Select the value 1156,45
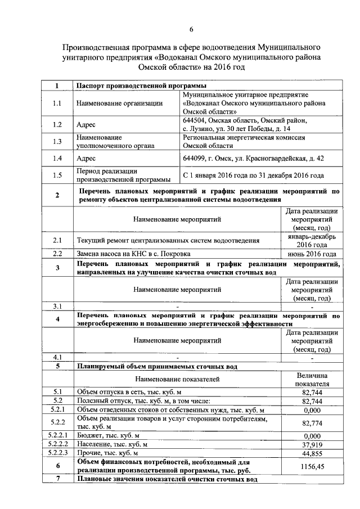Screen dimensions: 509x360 pyautogui.click(x=312, y=466)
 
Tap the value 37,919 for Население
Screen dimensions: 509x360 pyautogui.click(x=312, y=444)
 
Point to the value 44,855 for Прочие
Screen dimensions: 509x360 pyautogui.click(x=312, y=453)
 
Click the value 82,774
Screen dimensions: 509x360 pyautogui.click(x=312, y=423)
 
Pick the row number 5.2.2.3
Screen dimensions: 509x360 pyautogui.click(x=58, y=453)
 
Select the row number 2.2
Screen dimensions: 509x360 pyautogui.click(x=57, y=254)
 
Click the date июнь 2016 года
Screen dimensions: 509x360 pyautogui.click(x=312, y=254)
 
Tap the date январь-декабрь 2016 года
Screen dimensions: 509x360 pyautogui.click(x=312, y=241)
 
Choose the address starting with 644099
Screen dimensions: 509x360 pyautogui.click(x=252, y=159)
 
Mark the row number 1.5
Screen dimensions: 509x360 pyautogui.click(x=57, y=175)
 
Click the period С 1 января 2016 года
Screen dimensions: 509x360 pyautogui.click(x=253, y=175)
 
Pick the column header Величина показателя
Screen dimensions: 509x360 pyautogui.click(x=312, y=380)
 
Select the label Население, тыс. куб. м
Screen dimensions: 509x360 pyautogui.click(x=112, y=444)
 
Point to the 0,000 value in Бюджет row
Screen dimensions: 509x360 pyautogui.click(x=312, y=435)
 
